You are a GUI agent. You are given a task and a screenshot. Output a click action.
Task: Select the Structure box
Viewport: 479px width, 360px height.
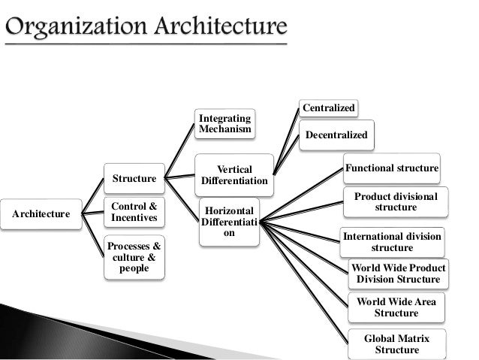pyautogui.click(x=134, y=179)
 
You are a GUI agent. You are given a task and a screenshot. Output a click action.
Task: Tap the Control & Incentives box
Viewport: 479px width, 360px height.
pyautogui.click(x=134, y=212)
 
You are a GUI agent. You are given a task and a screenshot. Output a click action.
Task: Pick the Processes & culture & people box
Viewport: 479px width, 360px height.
pyautogui.click(x=134, y=257)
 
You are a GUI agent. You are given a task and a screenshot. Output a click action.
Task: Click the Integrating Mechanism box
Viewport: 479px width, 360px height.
pyautogui.click(x=224, y=123)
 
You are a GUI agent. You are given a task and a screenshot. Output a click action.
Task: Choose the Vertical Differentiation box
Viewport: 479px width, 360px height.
pyautogui.click(x=234, y=175)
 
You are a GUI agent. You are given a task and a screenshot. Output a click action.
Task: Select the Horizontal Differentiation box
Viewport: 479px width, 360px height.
pyautogui.click(x=229, y=221)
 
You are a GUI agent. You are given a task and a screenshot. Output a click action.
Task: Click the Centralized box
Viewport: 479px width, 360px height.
pyautogui.click(x=328, y=109)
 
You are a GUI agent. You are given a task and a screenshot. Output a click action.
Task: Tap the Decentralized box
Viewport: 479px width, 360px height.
pyautogui.click(x=339, y=136)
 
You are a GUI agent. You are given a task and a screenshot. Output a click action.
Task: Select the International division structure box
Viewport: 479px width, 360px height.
pyautogui.click(x=392, y=241)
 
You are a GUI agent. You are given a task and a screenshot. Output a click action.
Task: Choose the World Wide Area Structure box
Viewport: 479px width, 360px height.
pyautogui.click(x=396, y=307)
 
